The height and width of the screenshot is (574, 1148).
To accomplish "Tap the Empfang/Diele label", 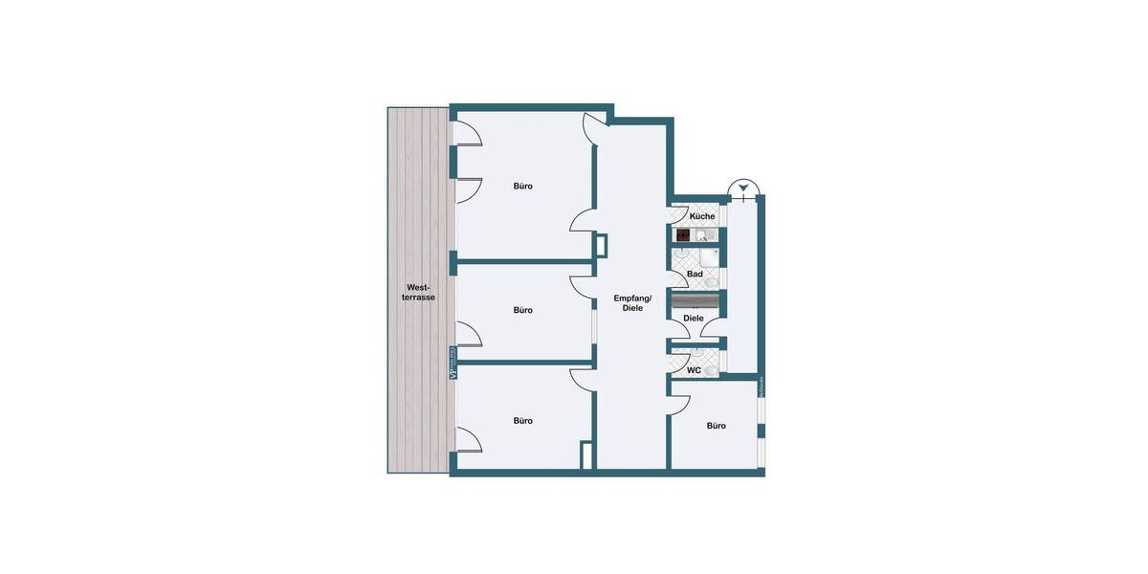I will tap(632, 302).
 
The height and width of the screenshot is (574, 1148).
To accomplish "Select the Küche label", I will tap(702, 216).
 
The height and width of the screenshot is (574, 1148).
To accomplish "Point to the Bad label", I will tap(695, 274).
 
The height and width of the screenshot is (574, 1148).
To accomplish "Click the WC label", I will tap(694, 370).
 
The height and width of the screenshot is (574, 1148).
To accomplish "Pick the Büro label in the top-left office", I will tap(522, 186).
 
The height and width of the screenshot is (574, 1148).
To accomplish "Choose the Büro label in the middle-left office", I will tap(522, 310).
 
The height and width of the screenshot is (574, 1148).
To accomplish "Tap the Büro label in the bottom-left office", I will tap(522, 421).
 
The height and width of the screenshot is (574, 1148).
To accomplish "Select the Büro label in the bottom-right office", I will tap(716, 426).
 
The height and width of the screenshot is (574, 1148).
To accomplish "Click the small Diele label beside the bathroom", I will tap(694, 319).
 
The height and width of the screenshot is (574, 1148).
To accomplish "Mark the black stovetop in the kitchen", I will tap(683, 235).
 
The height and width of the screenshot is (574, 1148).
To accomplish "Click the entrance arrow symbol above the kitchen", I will tap(742, 188).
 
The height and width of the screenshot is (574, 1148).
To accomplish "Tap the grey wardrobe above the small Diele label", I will tap(695, 300).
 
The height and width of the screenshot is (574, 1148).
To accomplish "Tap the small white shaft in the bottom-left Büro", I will tap(585, 455).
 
